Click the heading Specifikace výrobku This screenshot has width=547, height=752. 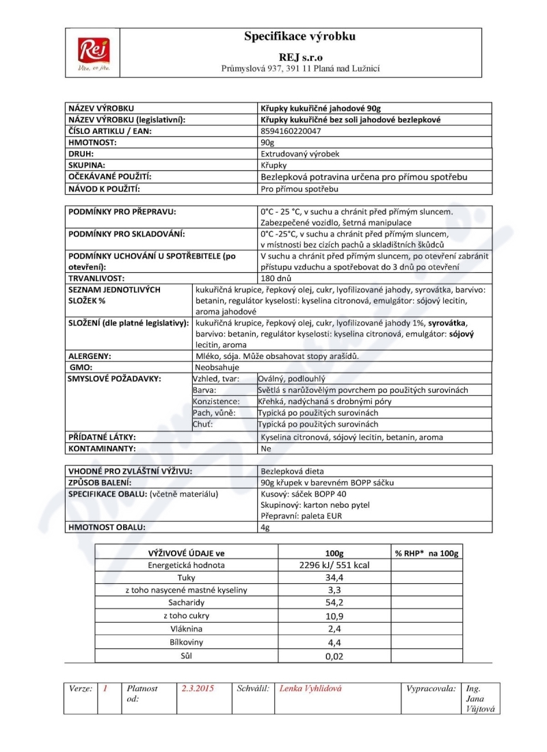(299, 37)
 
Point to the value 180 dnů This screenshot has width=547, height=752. (276, 278)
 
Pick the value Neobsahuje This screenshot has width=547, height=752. (216, 366)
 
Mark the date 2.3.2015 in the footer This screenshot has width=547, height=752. (198, 688)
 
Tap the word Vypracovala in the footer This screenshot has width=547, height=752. (431, 688)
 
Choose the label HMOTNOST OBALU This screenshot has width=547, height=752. (106, 527)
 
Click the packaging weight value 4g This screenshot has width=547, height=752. (266, 527)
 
